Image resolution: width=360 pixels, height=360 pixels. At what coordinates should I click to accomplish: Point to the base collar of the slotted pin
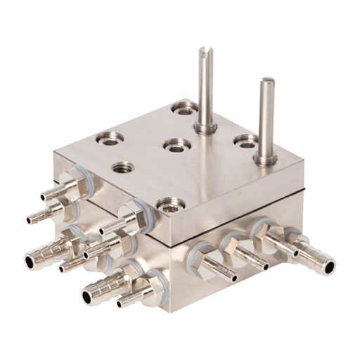(205, 128)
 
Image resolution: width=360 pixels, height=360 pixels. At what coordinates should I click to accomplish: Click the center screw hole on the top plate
(176, 145)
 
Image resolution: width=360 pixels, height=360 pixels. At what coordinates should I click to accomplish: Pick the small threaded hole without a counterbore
(123, 167)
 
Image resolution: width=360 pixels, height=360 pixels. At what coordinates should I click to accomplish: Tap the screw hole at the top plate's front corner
(171, 205)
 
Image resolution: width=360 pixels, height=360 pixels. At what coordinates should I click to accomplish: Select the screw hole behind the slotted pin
(184, 108)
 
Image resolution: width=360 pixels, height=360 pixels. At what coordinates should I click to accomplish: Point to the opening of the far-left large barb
(30, 262)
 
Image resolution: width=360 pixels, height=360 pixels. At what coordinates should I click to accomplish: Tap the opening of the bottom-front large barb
(87, 297)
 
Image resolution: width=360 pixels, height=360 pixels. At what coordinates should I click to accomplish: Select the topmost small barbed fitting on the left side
(51, 192)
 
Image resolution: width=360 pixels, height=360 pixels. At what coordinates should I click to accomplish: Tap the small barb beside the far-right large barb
(288, 247)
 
